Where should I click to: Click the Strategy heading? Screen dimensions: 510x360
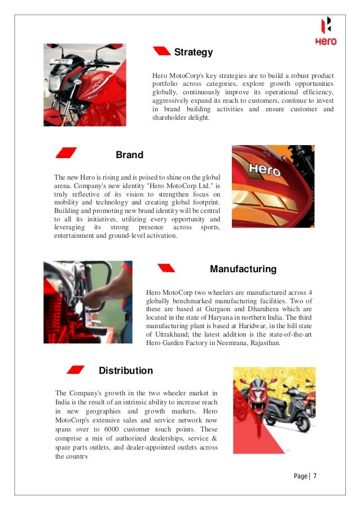193,53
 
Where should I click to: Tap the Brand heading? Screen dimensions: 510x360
129,155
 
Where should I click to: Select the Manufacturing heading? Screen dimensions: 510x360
243,269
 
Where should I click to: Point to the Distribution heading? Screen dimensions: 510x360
125,370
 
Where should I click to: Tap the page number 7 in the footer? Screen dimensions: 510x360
314,476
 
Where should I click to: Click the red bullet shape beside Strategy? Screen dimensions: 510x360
162,51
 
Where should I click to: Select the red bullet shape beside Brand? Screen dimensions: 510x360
66,152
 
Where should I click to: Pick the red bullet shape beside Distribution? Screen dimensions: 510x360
76,370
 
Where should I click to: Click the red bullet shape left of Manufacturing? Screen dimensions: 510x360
165,268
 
